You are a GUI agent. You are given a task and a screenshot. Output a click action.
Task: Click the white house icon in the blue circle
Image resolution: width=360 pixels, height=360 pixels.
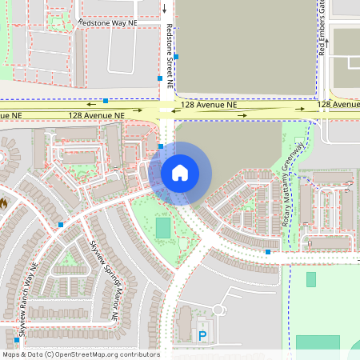point(179,173)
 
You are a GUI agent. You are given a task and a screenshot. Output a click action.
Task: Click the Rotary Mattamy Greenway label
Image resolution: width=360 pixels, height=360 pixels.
point(296,186)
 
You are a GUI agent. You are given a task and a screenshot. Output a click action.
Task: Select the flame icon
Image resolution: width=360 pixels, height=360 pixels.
point(3,204)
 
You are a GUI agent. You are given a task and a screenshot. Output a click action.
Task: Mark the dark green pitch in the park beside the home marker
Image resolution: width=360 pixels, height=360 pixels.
point(163,228)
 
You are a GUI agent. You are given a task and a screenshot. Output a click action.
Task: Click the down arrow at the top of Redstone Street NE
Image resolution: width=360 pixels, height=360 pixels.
point(164,9)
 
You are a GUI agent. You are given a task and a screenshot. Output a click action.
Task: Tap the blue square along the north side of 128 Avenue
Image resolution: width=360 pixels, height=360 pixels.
point(106,101)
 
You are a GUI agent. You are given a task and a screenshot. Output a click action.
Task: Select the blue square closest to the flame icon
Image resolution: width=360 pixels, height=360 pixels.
point(61,225)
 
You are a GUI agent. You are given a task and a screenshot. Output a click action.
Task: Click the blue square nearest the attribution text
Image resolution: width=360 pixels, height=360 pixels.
point(16,340)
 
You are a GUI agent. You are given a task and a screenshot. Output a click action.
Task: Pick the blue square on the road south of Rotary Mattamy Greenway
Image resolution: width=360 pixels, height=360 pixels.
point(267,252)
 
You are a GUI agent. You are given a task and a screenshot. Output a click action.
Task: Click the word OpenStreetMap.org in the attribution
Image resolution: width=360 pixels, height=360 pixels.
point(106,354)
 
